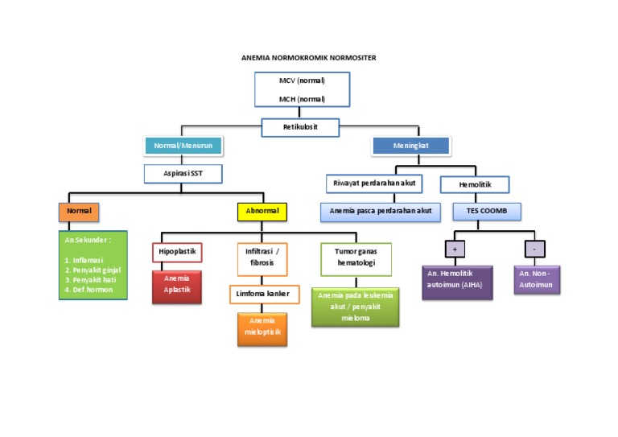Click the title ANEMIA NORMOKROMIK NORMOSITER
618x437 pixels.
click(x=308, y=58)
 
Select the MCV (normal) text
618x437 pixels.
click(x=302, y=81)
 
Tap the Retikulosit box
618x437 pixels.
click(x=300, y=127)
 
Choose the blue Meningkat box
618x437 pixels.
click(x=410, y=146)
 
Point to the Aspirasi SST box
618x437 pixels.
click(x=183, y=174)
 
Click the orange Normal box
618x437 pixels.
click(x=79, y=212)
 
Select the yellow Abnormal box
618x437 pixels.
click(x=262, y=212)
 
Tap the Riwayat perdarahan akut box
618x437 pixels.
click(x=373, y=184)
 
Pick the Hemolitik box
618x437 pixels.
click(x=476, y=185)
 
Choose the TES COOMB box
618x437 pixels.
click(x=487, y=212)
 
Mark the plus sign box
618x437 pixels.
click(x=455, y=249)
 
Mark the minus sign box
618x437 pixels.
click(x=534, y=249)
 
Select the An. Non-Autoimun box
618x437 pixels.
click(x=537, y=279)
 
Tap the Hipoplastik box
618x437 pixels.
click(x=176, y=252)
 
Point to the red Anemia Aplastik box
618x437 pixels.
click(x=176, y=287)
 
